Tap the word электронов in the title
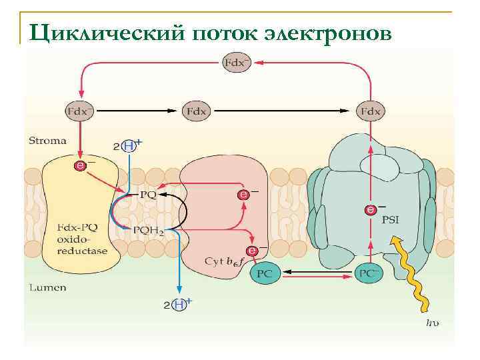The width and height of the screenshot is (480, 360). point(321,31)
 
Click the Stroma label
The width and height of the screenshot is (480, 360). point(47,141)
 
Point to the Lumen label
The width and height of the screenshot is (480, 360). point(46,288)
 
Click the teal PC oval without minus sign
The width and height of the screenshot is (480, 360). point(265,273)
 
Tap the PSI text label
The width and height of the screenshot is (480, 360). point(389,220)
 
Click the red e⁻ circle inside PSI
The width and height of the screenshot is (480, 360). point(370,210)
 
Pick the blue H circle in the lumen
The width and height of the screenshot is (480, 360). point(178,305)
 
